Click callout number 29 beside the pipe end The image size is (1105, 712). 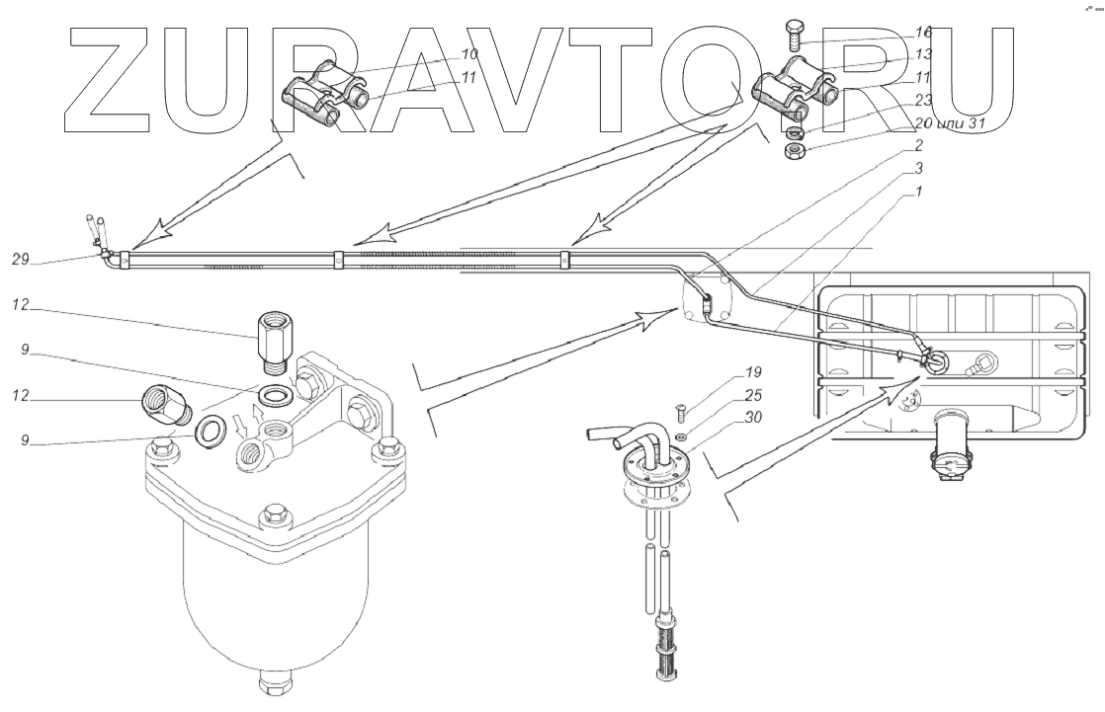click(x=19, y=259)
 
